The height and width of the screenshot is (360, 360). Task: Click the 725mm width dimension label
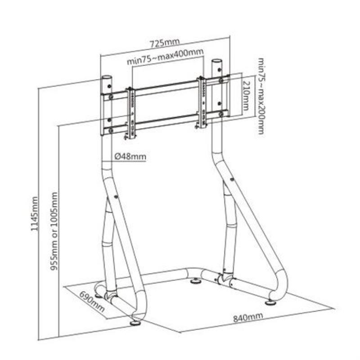(164, 43)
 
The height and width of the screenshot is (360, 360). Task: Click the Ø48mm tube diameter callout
(130, 156)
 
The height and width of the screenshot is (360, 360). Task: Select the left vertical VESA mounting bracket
(131, 110)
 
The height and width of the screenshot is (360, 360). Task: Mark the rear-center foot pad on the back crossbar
(196, 283)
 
